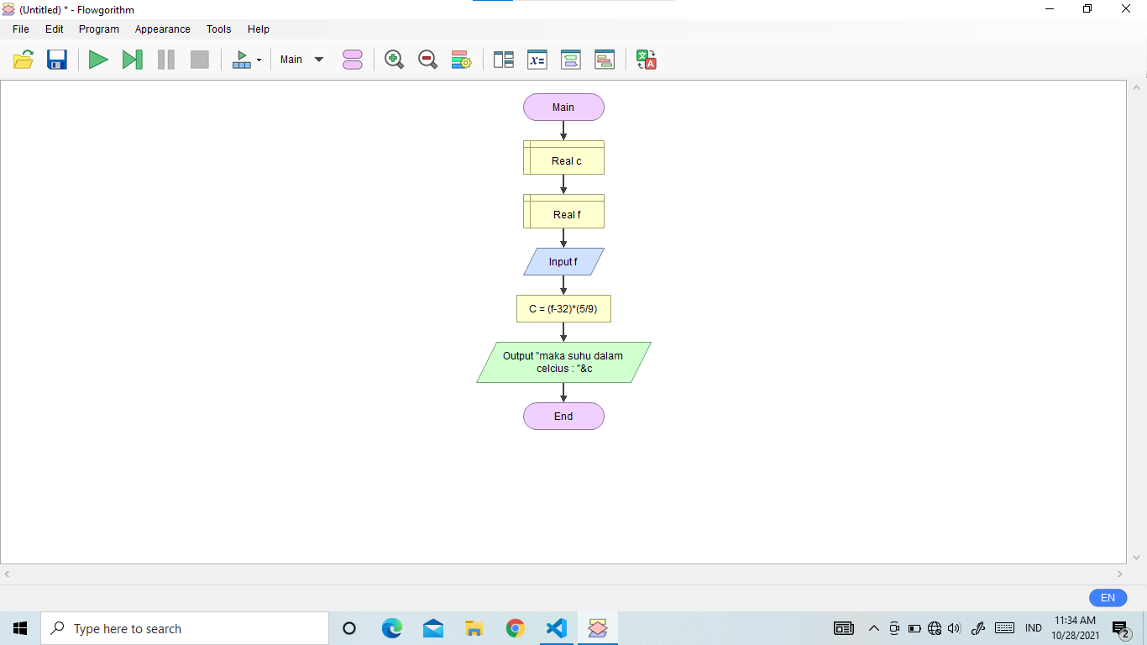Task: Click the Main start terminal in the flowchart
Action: coord(563,107)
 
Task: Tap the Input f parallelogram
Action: coord(563,262)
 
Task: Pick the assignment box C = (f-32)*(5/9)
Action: coord(563,309)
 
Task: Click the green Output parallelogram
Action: coord(563,362)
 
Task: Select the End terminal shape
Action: coord(563,417)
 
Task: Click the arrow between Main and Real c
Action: coord(563,131)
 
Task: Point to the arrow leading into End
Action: coord(563,393)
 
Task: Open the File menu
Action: coord(21,29)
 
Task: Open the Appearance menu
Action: coord(162,29)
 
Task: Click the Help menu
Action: coord(259,29)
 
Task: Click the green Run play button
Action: coord(98,60)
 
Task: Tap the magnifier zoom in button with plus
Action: coord(394,60)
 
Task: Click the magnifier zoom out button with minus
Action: coord(427,60)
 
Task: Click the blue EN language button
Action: coord(1108,598)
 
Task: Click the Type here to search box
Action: coord(185,629)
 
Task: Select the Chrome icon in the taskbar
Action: coord(516,629)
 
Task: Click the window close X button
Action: coord(1126,9)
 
